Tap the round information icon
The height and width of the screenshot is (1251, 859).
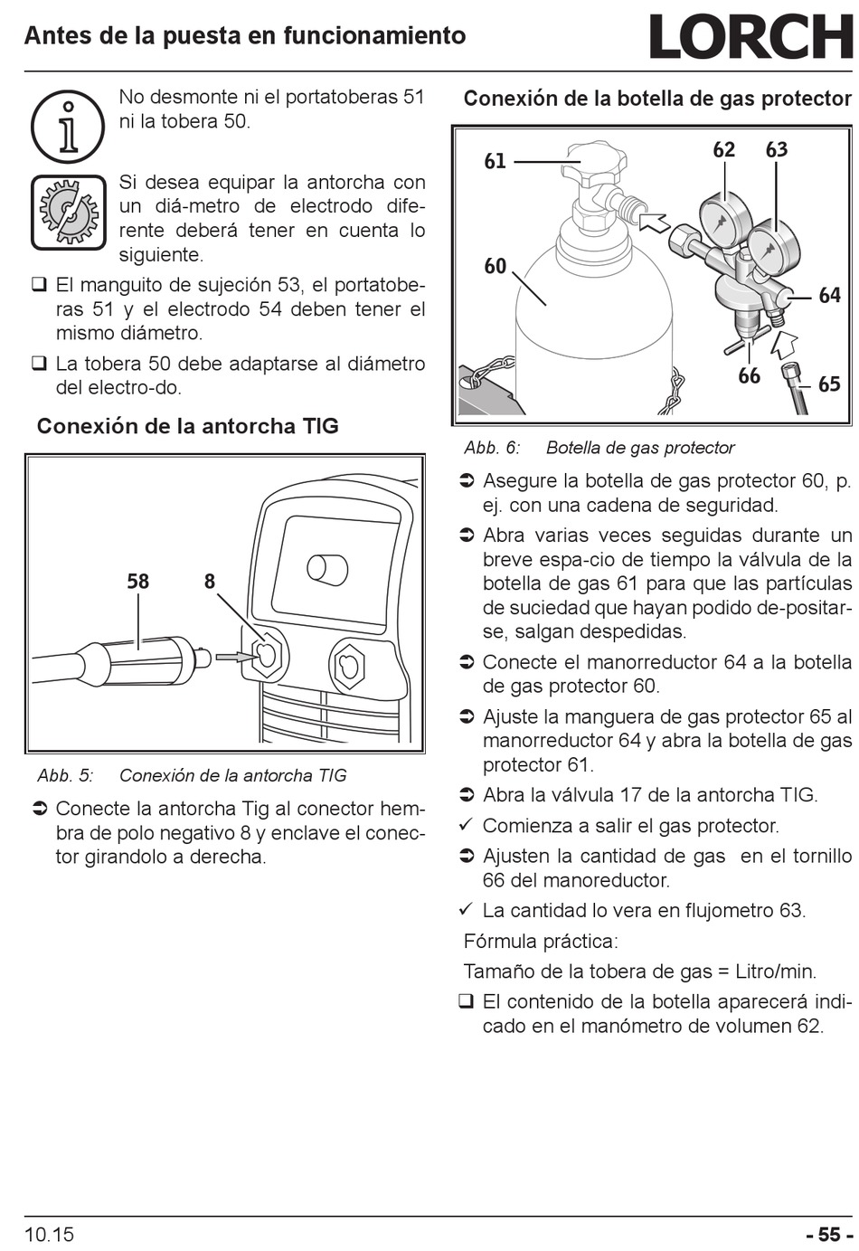click(x=68, y=127)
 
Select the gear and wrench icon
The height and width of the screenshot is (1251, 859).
click(x=68, y=213)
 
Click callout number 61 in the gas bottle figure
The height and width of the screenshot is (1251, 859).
click(x=496, y=161)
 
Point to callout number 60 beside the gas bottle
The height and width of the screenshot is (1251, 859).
click(x=496, y=267)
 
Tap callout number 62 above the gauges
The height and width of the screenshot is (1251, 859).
click(x=724, y=149)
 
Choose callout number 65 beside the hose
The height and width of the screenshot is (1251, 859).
click(x=829, y=384)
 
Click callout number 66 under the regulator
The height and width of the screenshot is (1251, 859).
click(x=749, y=376)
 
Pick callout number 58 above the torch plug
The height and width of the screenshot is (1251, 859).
click(x=137, y=582)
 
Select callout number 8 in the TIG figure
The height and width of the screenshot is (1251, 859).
click(x=209, y=582)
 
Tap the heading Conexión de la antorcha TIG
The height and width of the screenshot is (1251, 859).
click(x=187, y=427)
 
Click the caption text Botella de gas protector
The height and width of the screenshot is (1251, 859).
click(x=640, y=448)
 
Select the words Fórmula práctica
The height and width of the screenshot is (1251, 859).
click(x=541, y=942)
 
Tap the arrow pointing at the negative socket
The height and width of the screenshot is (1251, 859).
click(x=234, y=658)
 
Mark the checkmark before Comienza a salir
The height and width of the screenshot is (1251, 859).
click(x=466, y=825)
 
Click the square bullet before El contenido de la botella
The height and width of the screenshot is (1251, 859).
click(x=466, y=1002)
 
